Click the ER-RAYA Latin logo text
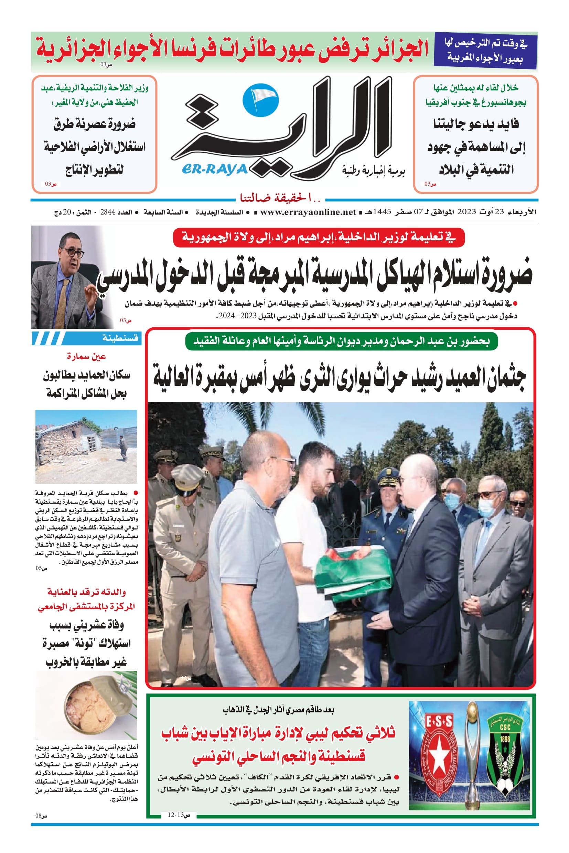click(215, 169)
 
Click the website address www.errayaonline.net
click(308, 212)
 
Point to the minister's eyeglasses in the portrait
click(72, 252)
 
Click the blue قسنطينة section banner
click(86, 338)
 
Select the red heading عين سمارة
click(86, 357)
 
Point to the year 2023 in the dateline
click(466, 212)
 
